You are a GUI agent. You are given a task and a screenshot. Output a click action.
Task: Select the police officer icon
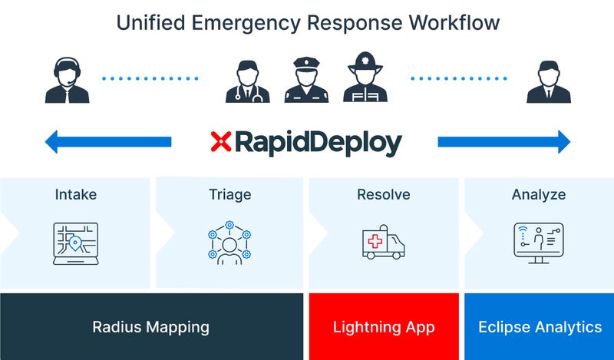click(306, 78)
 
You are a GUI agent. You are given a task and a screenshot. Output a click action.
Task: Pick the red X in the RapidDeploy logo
click(221, 142)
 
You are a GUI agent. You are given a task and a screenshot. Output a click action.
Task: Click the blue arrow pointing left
click(107, 142)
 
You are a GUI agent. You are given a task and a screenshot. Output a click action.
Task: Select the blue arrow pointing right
click(504, 142)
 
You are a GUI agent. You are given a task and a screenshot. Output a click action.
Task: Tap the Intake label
click(76, 195)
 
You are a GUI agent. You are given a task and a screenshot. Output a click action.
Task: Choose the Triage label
click(230, 195)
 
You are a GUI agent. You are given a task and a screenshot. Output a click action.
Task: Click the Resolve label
click(383, 195)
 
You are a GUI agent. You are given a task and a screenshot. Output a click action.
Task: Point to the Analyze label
click(539, 195)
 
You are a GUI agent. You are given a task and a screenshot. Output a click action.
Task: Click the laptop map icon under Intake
click(76, 243)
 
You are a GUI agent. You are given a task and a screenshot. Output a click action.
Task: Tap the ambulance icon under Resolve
click(383, 243)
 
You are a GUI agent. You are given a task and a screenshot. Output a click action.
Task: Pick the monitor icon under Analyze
click(538, 243)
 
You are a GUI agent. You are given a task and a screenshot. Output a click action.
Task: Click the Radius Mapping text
click(151, 327)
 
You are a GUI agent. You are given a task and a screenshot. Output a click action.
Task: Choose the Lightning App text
click(384, 327)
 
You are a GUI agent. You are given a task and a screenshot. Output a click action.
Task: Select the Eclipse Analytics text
click(540, 327)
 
